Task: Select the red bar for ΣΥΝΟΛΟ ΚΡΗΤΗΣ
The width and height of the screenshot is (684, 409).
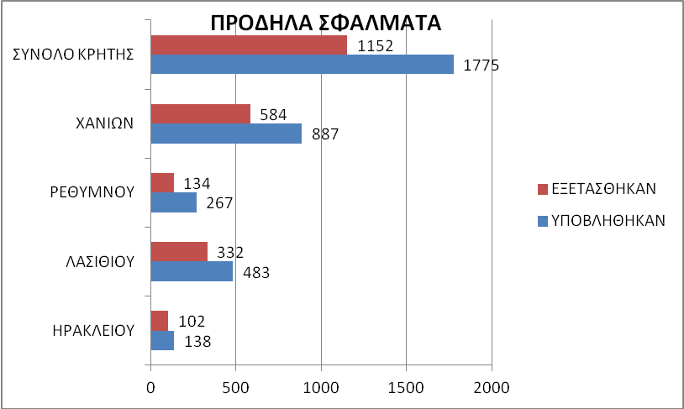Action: click(x=249, y=45)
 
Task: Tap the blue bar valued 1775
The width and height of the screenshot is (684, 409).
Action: click(x=302, y=65)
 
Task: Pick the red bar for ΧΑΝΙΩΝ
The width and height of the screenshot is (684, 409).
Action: click(x=200, y=113)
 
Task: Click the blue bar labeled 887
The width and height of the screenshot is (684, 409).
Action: click(x=226, y=134)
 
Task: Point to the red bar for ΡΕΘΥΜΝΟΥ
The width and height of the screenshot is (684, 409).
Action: click(x=162, y=182)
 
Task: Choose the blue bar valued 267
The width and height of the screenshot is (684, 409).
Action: click(x=173, y=202)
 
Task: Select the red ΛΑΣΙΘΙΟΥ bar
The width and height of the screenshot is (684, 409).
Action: click(x=179, y=251)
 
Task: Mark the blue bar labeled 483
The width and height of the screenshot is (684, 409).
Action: click(x=192, y=271)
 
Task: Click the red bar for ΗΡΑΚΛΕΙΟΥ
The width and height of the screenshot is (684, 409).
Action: click(x=160, y=320)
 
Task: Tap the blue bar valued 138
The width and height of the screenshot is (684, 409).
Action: click(x=162, y=340)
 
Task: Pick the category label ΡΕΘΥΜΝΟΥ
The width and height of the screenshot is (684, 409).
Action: click(x=92, y=191)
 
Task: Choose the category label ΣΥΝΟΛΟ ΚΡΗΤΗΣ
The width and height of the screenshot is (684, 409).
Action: click(x=75, y=55)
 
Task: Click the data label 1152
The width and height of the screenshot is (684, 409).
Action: click(x=375, y=45)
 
